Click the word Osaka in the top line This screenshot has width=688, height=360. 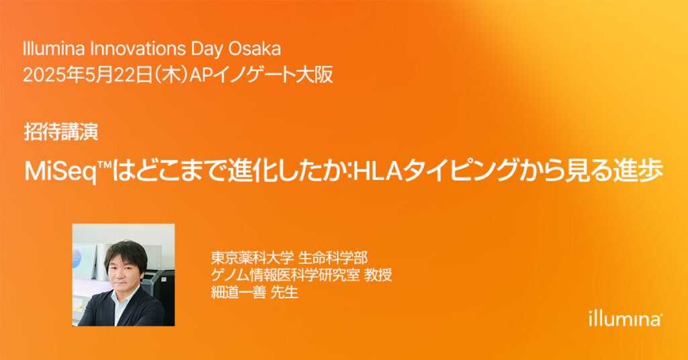(x=254, y=48)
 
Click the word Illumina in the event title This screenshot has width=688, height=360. (x=54, y=48)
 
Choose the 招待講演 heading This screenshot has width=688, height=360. (x=61, y=132)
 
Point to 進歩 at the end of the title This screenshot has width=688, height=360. (x=640, y=171)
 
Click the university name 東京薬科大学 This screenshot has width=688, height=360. (x=252, y=258)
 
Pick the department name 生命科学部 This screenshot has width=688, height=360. (x=333, y=258)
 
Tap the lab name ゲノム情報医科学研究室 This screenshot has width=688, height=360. (x=285, y=275)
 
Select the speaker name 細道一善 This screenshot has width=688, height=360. (x=239, y=292)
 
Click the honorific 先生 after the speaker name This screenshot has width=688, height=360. (x=284, y=292)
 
